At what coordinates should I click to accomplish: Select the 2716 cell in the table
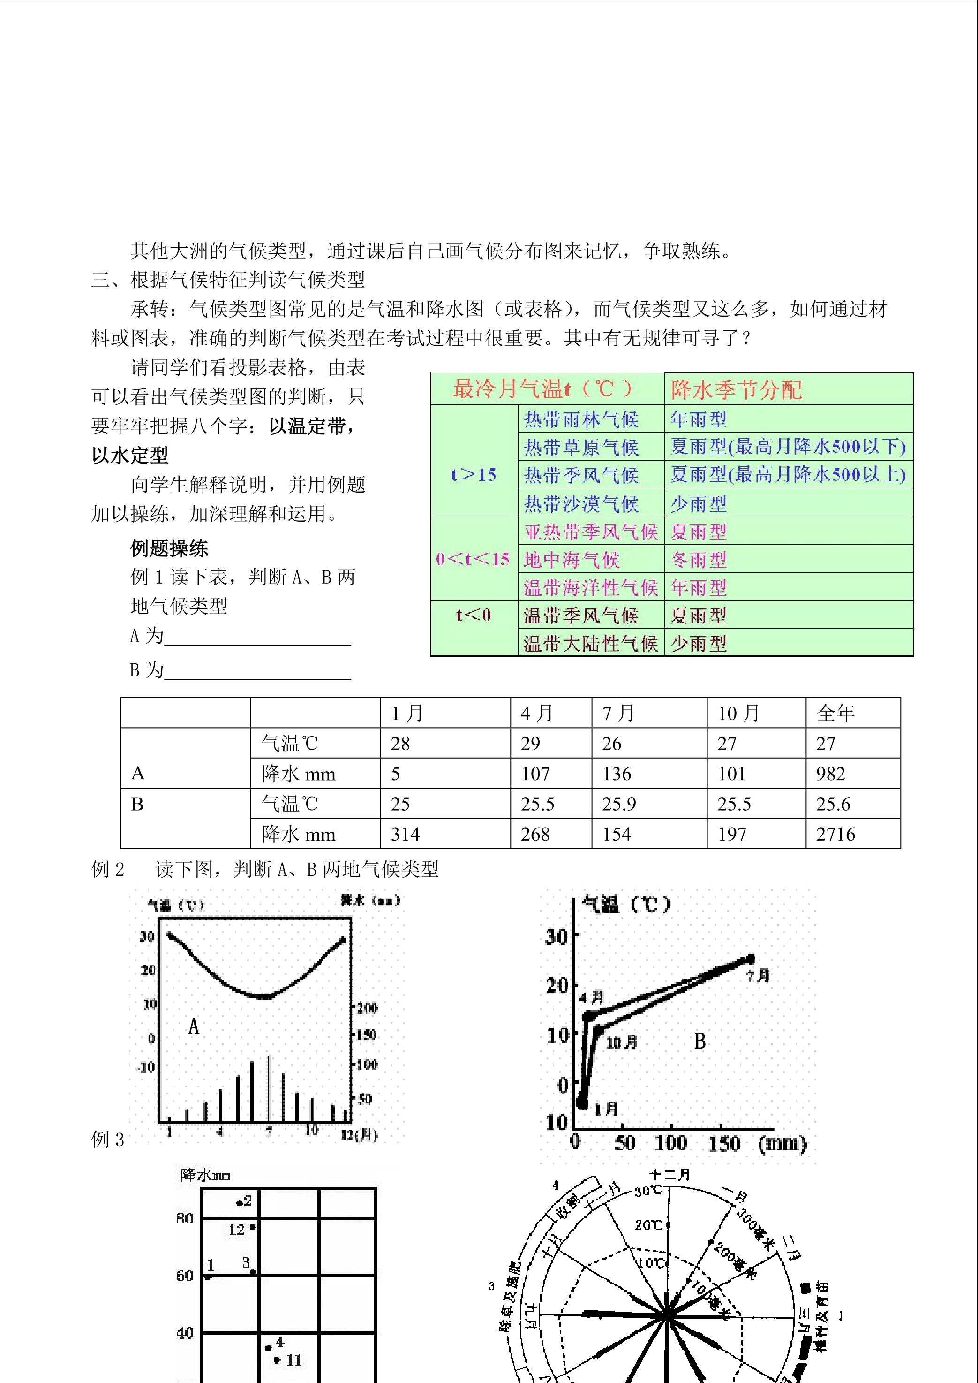click(835, 834)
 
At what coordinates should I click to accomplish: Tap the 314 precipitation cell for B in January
click(405, 834)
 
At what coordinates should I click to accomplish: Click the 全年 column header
click(835, 714)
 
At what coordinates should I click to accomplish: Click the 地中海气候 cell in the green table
click(572, 560)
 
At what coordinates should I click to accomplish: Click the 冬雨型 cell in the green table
click(699, 560)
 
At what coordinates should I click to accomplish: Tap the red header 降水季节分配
click(737, 390)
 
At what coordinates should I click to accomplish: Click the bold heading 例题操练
click(169, 548)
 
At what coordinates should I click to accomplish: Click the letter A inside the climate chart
click(193, 1026)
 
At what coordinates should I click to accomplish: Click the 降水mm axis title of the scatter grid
click(205, 1175)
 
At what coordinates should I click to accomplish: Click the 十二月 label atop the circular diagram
click(670, 1175)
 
